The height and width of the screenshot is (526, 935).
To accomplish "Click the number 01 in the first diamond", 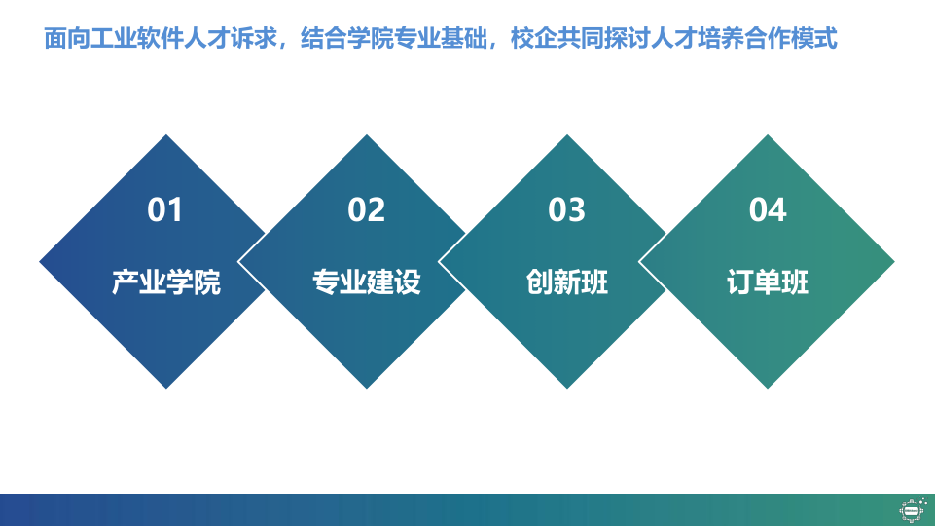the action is (x=164, y=209).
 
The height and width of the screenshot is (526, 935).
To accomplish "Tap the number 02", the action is (x=366, y=209).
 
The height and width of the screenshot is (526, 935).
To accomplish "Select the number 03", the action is (x=566, y=209).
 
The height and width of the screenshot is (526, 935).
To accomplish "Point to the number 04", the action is (x=768, y=209).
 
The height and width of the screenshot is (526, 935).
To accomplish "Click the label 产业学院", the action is (x=166, y=282).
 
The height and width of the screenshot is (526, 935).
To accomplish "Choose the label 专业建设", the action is (x=367, y=282).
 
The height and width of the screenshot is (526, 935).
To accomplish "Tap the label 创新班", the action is (x=567, y=282).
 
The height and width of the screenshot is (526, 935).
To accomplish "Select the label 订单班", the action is (x=768, y=282).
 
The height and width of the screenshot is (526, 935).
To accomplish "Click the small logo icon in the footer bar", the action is (x=913, y=509).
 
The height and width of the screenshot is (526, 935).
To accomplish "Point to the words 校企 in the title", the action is (x=534, y=38).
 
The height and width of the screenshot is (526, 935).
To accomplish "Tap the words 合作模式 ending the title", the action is (x=791, y=38).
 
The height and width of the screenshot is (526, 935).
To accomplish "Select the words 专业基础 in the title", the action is (x=440, y=38).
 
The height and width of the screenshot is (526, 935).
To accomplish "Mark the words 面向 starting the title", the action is (x=67, y=38).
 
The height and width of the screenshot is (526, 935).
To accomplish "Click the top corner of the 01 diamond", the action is (x=166, y=135).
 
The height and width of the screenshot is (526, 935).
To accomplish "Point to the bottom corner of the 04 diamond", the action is (x=768, y=388).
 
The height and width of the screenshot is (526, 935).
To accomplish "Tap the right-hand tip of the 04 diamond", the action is (x=894, y=261).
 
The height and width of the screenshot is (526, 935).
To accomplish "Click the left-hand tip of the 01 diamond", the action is (x=40, y=261).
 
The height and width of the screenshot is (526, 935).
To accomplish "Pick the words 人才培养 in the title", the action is (x=698, y=38).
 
